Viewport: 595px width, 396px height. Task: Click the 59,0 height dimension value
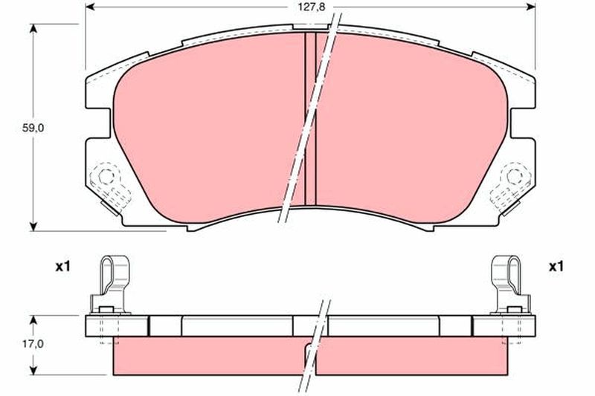[x=33, y=128]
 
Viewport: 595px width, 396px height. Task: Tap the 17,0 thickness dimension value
[x=33, y=344]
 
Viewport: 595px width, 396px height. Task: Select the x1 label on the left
[x=63, y=267]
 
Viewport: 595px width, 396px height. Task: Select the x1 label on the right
[x=556, y=267]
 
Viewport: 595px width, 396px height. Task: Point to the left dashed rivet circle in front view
[x=106, y=176]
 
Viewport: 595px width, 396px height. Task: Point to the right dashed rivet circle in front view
[x=514, y=176]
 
